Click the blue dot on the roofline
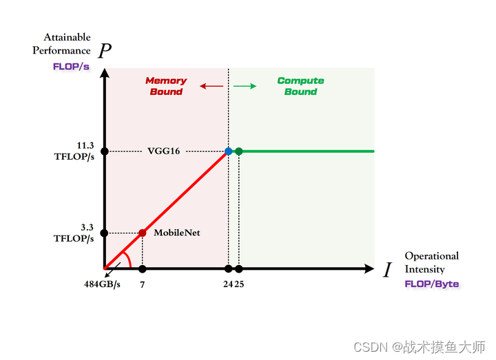(x=228, y=151)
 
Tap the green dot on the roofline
(x=238, y=151)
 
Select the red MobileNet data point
(x=143, y=233)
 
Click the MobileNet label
(x=177, y=233)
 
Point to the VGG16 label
(x=164, y=151)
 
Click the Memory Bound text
(x=166, y=86)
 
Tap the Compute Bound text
(x=300, y=86)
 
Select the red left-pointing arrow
(x=211, y=86)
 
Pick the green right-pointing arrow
(x=245, y=86)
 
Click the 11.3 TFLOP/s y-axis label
(x=75, y=151)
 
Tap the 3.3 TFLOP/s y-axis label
(x=75, y=233)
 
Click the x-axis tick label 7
(x=143, y=284)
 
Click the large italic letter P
(x=105, y=50)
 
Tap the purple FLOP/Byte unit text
(x=431, y=284)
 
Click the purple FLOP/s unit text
(x=71, y=67)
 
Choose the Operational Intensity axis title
(x=431, y=262)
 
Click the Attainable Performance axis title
(x=66, y=43)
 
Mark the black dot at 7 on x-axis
(x=143, y=268)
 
